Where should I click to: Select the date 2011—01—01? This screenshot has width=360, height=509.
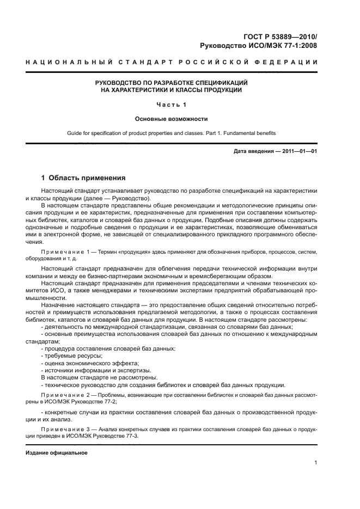(x=298, y=151)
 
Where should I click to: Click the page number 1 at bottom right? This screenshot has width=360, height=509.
(x=315, y=463)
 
